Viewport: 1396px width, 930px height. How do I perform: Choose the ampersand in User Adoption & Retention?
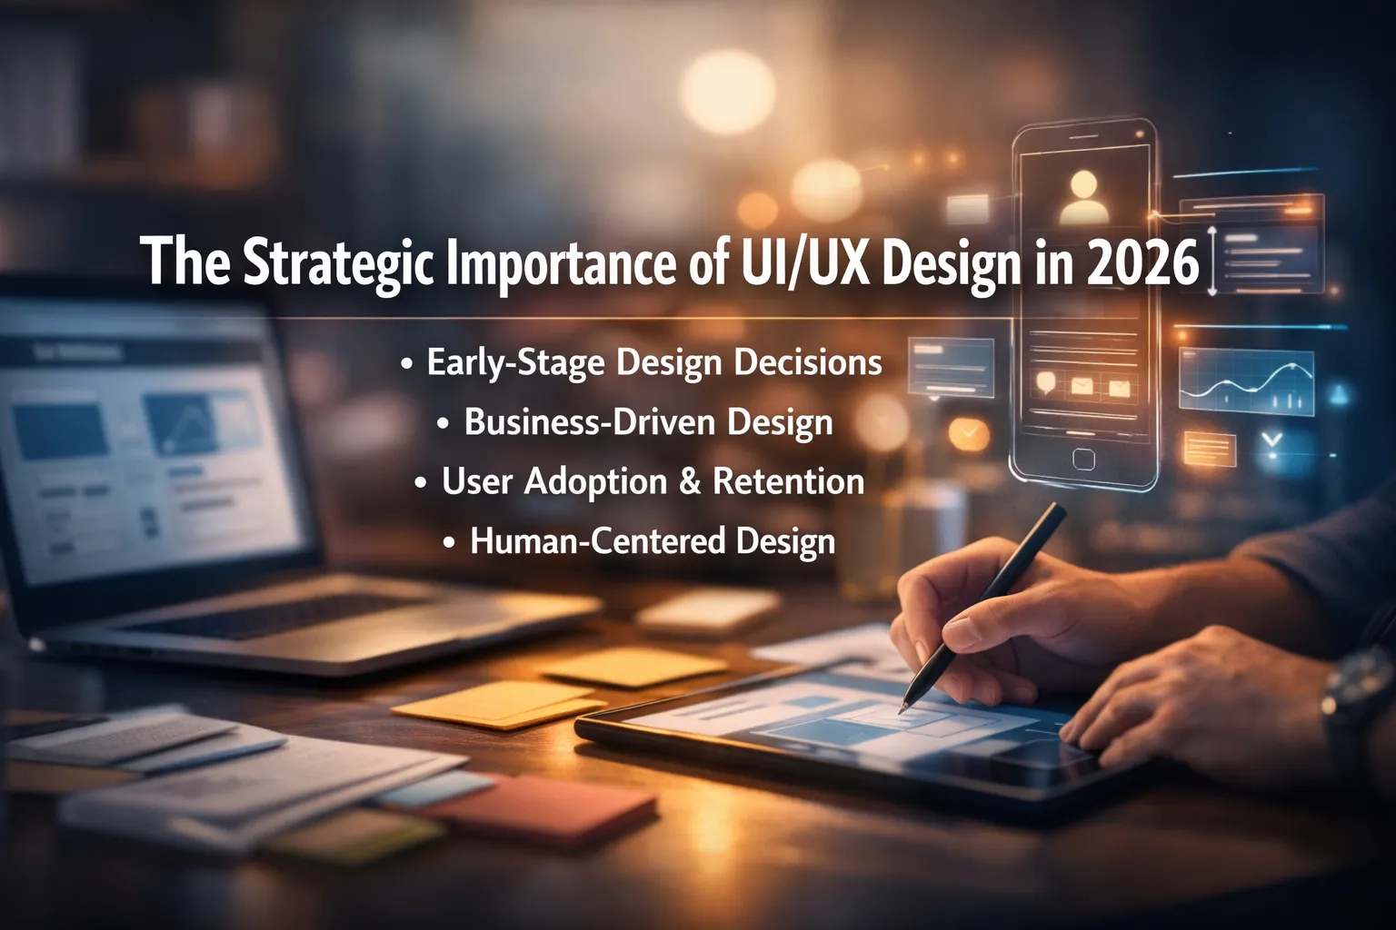click(x=689, y=481)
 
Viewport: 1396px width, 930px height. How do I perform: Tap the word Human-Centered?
click(x=597, y=540)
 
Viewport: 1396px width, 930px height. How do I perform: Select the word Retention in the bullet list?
click(x=788, y=481)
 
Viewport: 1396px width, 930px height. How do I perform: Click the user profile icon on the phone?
click(x=1084, y=197)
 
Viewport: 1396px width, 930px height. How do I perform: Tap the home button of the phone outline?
click(x=1083, y=459)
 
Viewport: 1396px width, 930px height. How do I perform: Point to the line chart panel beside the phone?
click(x=1246, y=382)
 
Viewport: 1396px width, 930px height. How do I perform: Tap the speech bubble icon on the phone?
click(x=1046, y=382)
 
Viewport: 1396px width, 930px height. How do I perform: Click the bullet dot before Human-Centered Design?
click(x=449, y=542)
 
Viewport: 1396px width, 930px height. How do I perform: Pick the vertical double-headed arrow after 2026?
click(x=1212, y=261)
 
